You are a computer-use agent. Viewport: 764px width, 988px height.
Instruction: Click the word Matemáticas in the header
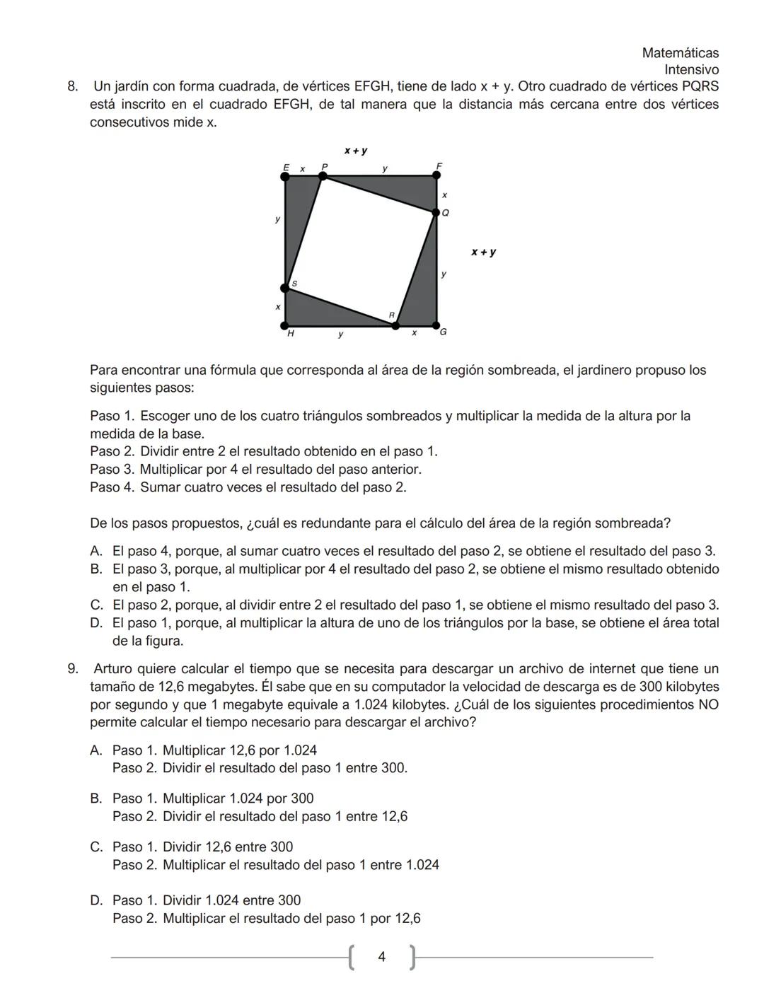680,53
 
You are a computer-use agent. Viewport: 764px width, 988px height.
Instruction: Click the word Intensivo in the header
691,70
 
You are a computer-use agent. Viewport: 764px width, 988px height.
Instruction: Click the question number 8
72,87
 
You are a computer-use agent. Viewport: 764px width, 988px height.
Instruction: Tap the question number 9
72,669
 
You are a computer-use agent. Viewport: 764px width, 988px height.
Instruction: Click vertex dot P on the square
323,176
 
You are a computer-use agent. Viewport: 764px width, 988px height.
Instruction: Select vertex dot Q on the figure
436,211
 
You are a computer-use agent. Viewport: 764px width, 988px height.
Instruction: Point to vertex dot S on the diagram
285,287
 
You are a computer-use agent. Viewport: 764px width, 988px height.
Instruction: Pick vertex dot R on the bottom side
395,325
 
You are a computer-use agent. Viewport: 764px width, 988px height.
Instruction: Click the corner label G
444,332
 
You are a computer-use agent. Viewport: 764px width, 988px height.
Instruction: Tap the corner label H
290,333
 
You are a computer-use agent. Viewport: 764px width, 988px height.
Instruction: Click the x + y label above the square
356,151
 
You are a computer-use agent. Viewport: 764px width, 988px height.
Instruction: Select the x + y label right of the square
484,252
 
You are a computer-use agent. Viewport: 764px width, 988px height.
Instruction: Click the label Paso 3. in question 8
112,470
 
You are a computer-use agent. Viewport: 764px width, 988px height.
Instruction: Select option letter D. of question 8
97,624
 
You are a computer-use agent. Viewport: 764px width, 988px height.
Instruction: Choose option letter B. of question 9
97,799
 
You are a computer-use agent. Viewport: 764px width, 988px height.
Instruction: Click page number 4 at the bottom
382,958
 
